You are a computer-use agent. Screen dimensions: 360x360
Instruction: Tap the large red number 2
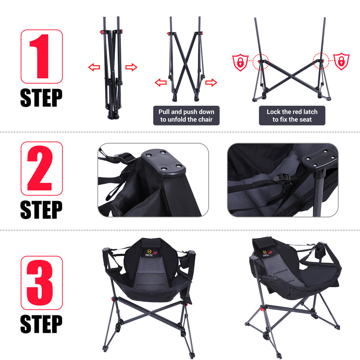click(39, 168)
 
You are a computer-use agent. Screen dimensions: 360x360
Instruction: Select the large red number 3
click(39, 283)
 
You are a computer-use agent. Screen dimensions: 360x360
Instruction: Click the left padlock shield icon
click(240, 62)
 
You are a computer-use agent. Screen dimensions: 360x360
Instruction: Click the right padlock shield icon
click(341, 61)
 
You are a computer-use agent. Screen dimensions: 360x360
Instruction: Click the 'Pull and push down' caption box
click(186, 115)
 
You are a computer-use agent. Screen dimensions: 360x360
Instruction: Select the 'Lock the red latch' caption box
click(292, 115)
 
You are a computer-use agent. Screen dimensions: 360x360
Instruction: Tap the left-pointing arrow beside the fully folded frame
click(94, 67)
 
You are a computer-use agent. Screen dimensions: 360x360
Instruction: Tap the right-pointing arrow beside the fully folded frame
click(131, 67)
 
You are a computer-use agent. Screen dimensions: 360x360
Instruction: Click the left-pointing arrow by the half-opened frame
click(161, 82)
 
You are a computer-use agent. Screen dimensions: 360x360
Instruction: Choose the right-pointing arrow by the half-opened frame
click(211, 82)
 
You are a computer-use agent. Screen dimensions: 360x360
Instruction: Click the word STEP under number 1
click(41, 98)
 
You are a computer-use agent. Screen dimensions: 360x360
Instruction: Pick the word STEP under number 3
click(41, 324)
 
